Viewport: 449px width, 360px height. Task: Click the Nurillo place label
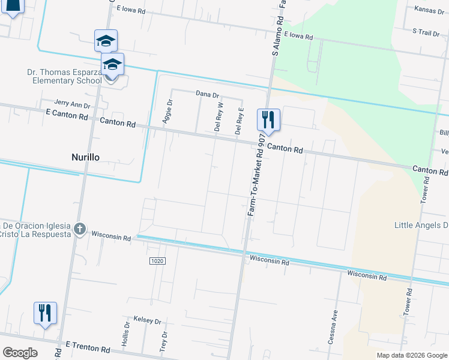82,157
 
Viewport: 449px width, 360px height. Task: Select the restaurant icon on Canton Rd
268,119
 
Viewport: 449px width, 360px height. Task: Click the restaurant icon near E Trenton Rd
45,313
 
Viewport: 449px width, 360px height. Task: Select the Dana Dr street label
208,94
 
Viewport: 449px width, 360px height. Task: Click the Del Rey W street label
219,116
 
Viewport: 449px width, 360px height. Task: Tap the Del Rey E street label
239,120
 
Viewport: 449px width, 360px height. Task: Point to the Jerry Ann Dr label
72,104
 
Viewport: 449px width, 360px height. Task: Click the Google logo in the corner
20,352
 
